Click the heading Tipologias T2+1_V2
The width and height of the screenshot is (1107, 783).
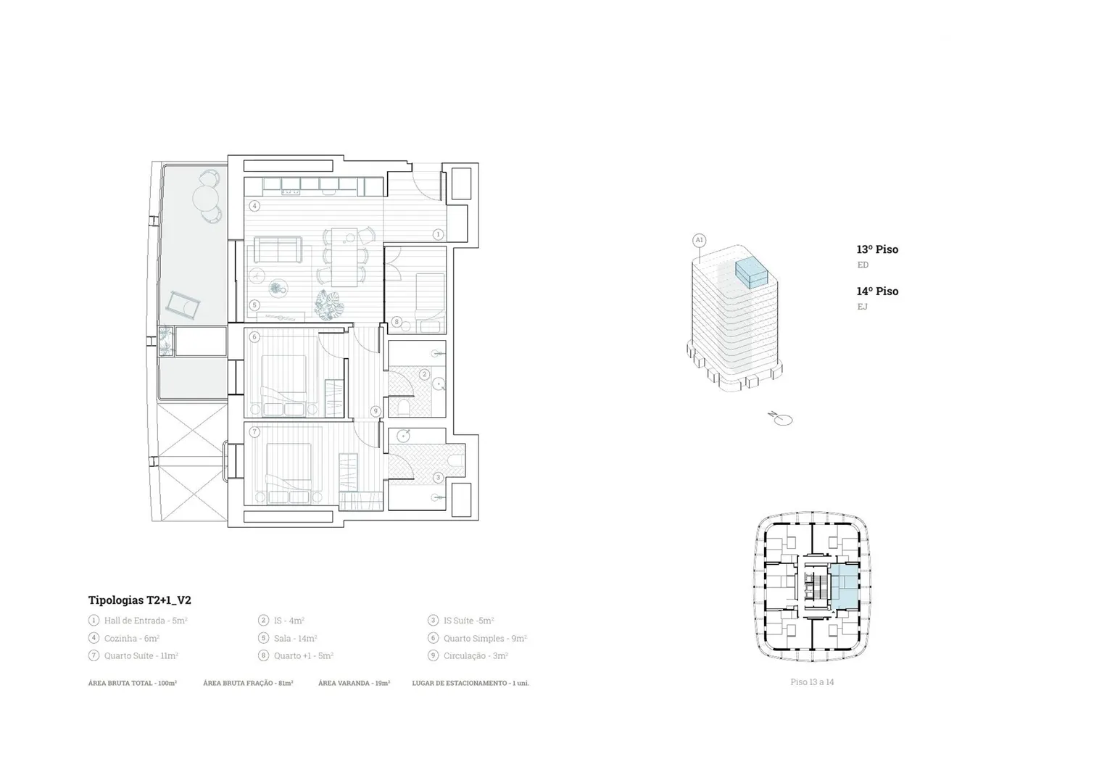click(139, 600)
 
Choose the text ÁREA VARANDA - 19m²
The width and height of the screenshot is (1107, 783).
click(355, 683)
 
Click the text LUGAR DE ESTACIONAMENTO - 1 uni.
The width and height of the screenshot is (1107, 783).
click(470, 683)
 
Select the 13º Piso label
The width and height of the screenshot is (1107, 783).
click(877, 249)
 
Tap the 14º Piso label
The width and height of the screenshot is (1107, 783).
click(877, 291)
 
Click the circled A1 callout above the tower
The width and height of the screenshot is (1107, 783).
click(700, 241)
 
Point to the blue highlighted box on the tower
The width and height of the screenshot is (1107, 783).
click(752, 273)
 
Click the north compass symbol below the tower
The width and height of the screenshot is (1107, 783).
click(781, 419)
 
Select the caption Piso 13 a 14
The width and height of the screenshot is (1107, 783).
click(812, 682)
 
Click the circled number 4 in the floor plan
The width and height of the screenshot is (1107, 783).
click(254, 206)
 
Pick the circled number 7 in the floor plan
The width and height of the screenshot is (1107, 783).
click(254, 432)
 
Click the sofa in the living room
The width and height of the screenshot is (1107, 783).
click(278, 249)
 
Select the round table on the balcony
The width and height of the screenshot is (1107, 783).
click(205, 196)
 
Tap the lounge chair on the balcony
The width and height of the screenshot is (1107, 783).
click(183, 306)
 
